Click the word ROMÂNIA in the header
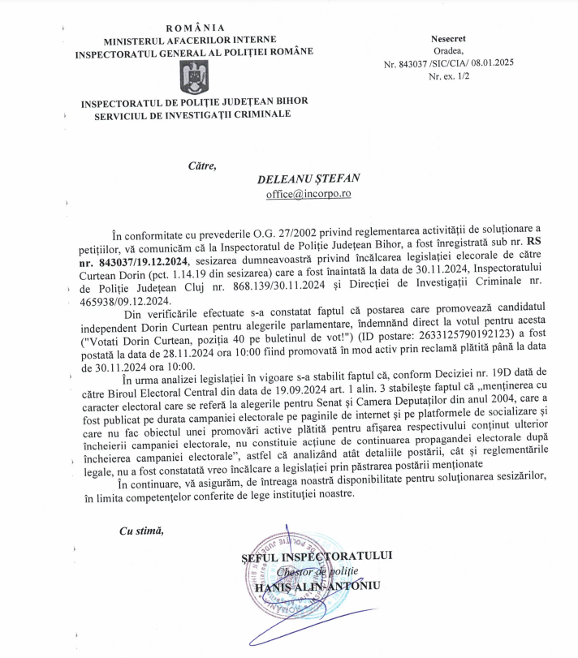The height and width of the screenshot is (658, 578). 193,28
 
